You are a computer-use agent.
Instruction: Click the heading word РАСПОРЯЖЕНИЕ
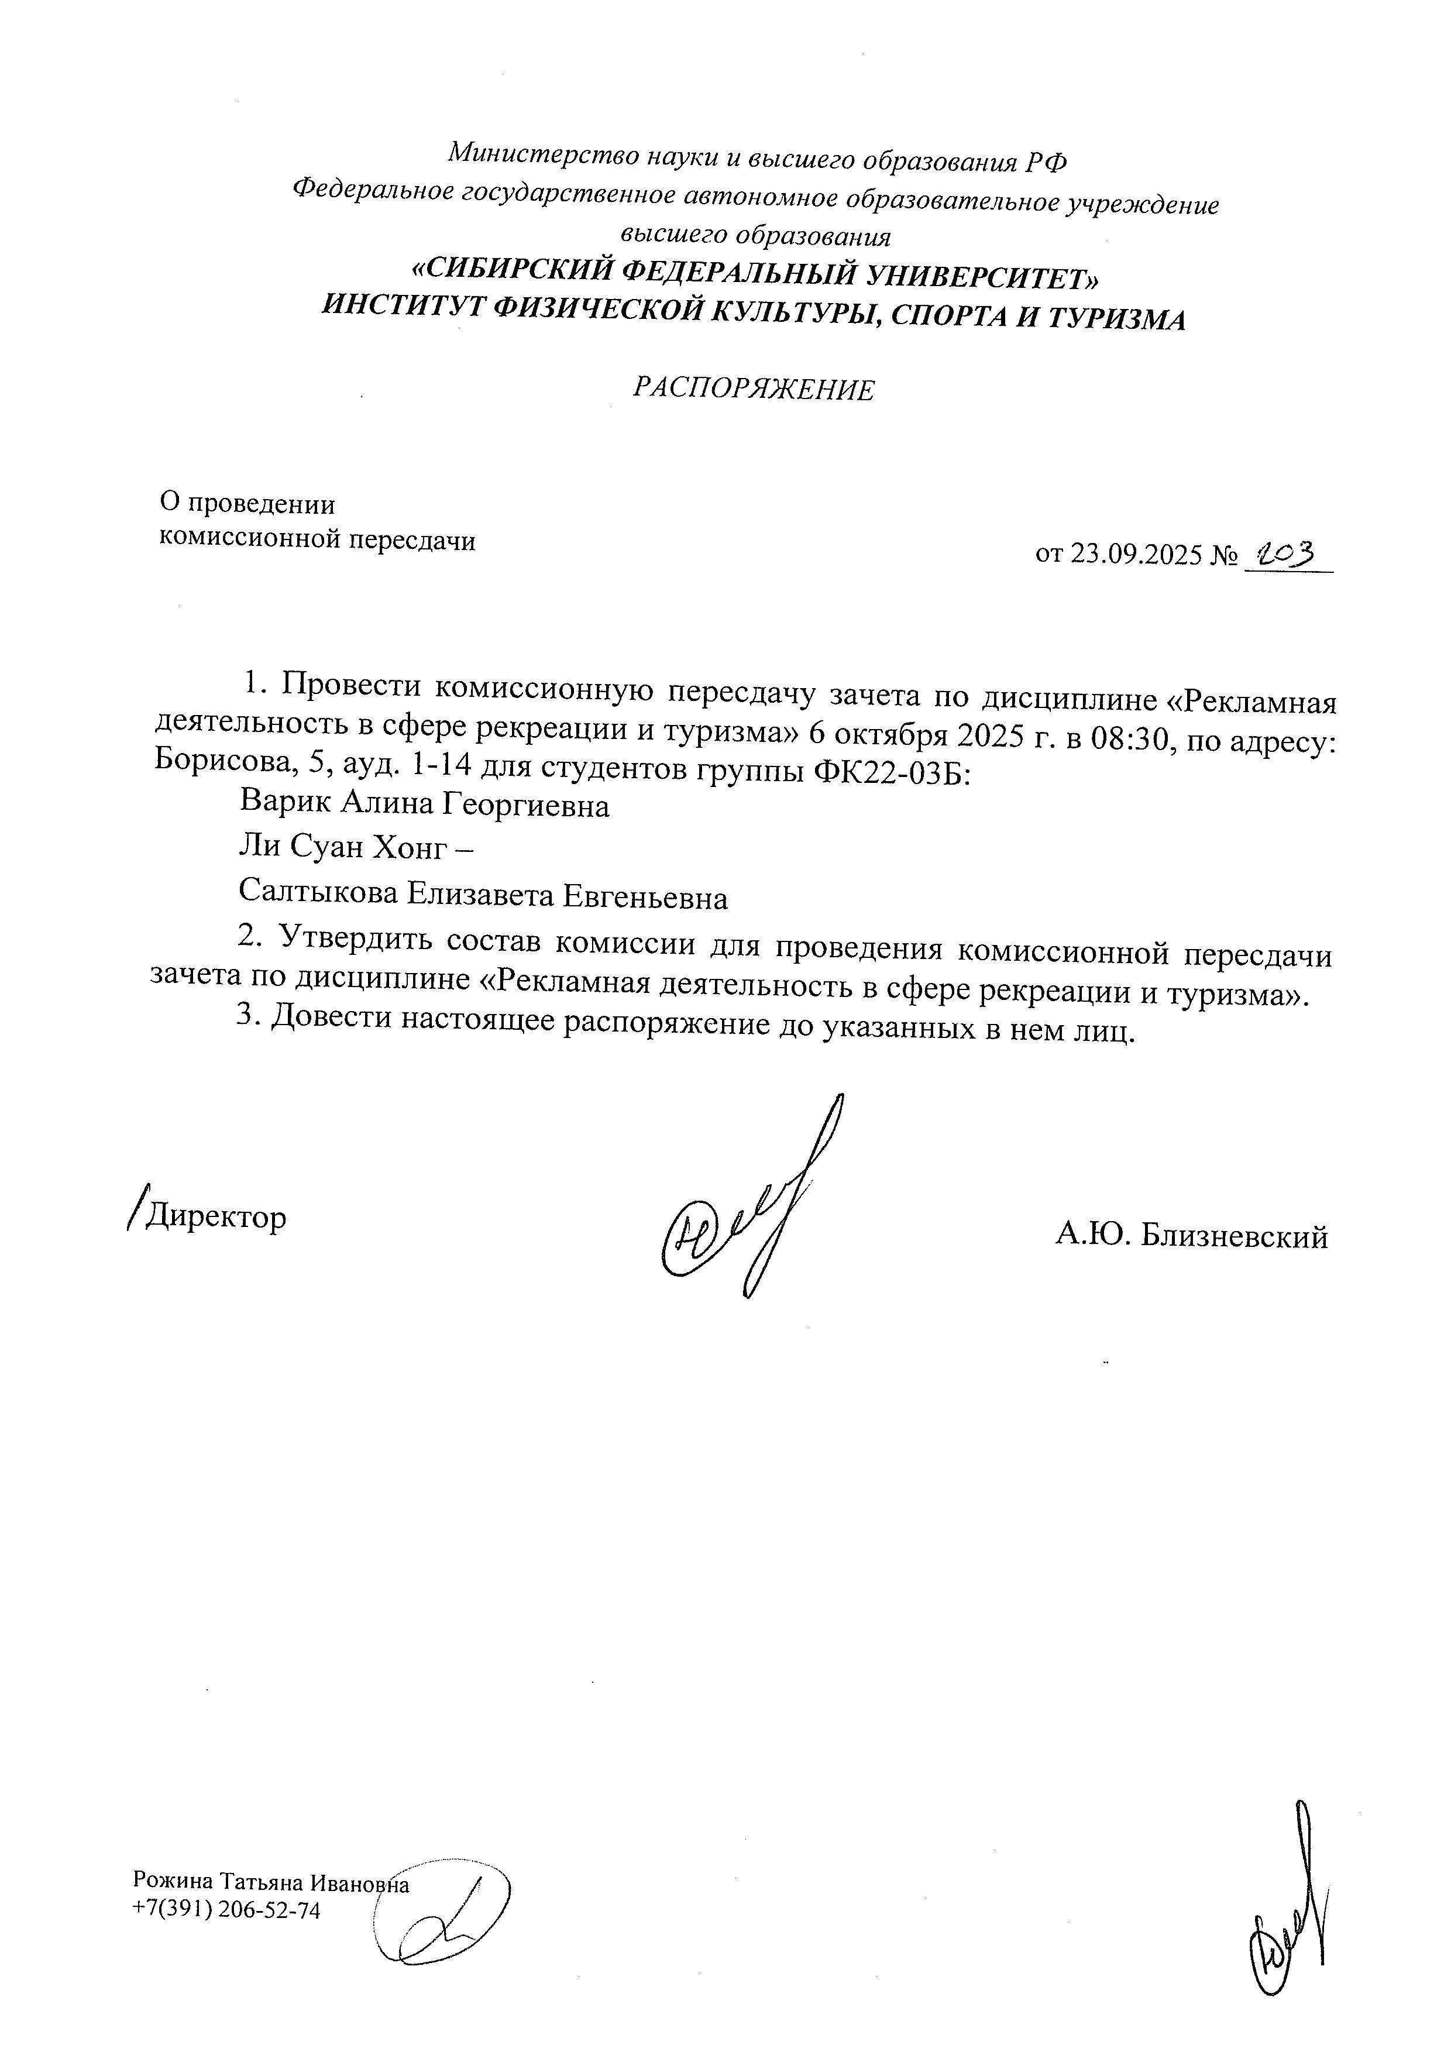[x=753, y=389]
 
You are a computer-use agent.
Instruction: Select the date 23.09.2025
[x=1134, y=555]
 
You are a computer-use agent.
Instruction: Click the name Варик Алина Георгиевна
[x=424, y=805]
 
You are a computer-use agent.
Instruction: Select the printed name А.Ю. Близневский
[x=1191, y=1236]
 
